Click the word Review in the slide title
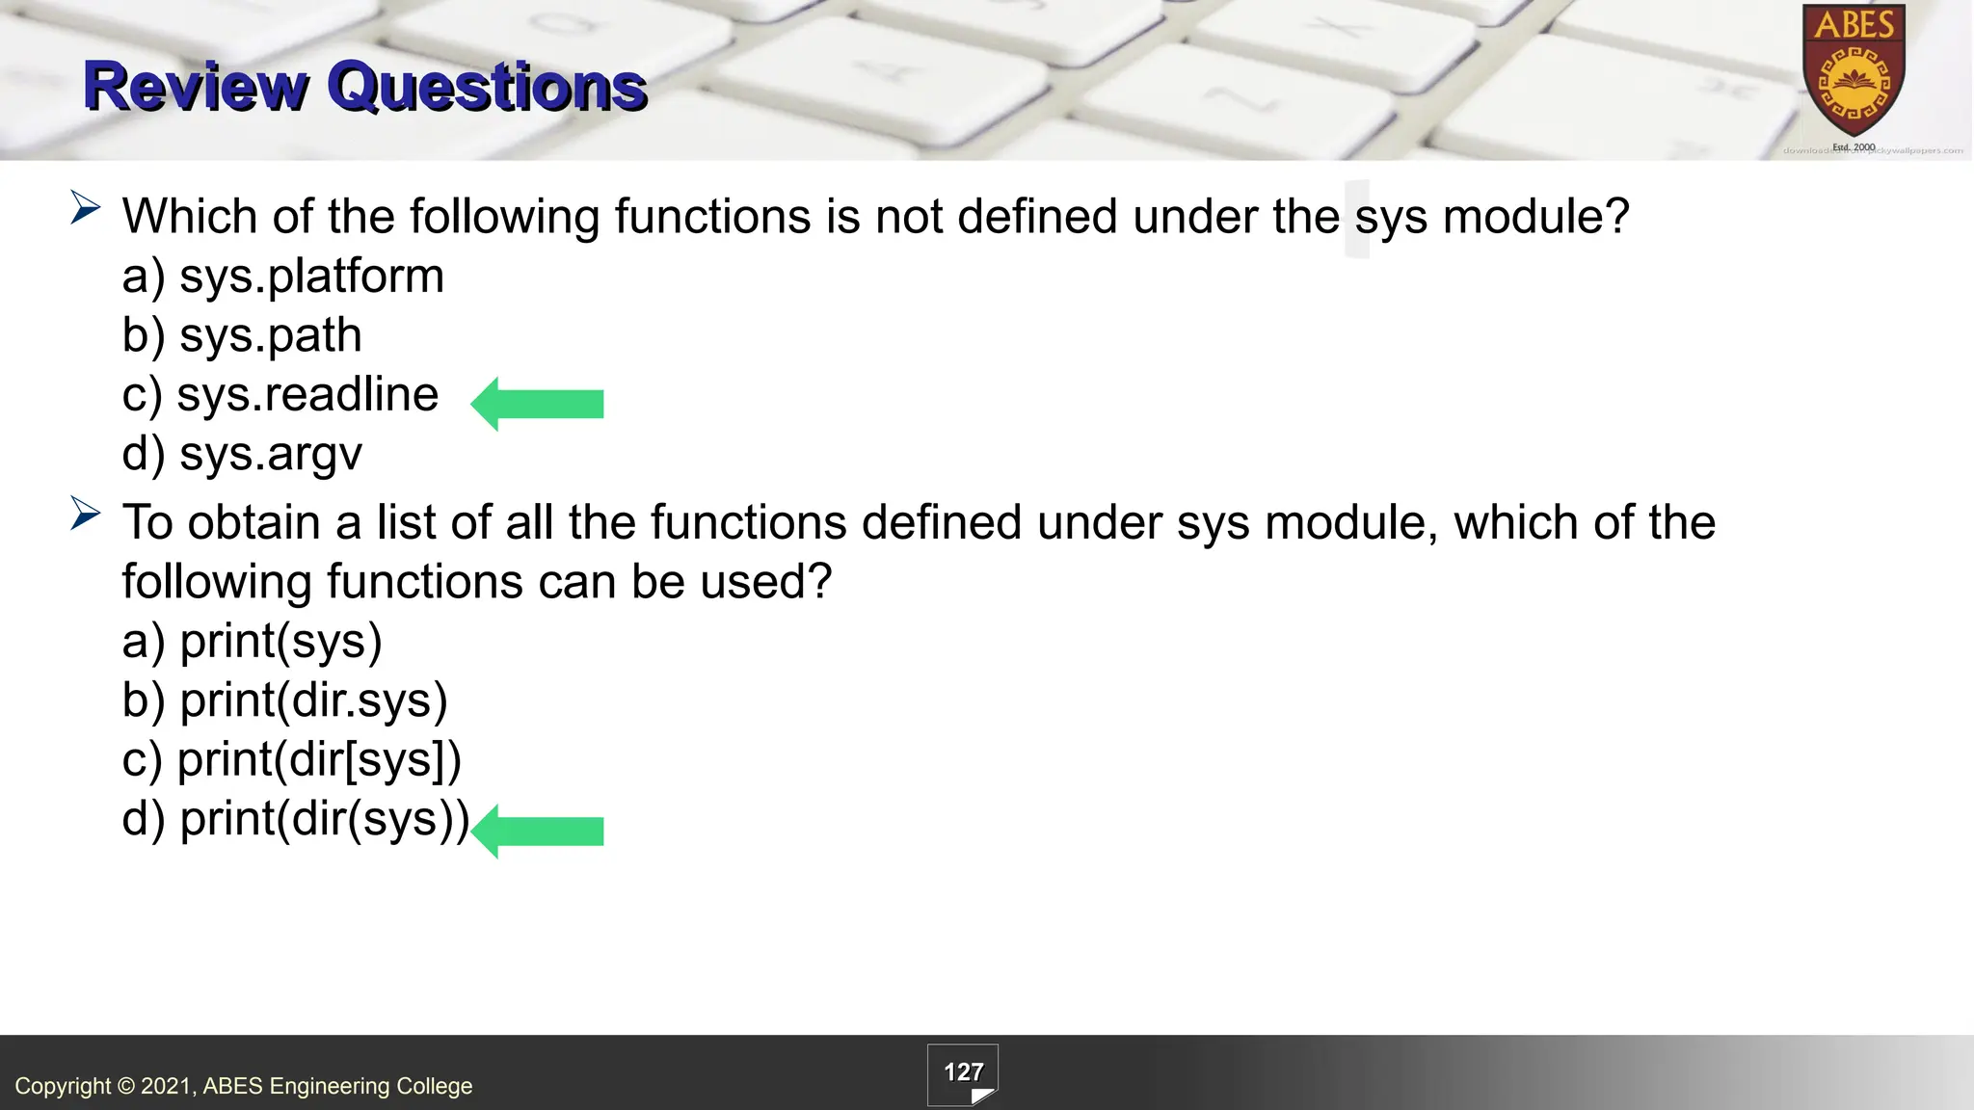(195, 87)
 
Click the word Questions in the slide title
(487, 87)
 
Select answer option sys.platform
(282, 277)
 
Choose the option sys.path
(242, 336)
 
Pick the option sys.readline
(280, 395)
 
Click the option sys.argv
(242, 454)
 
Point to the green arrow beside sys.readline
(537, 404)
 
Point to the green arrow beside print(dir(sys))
(537, 831)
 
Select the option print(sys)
(253, 642)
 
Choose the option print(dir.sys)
(285, 700)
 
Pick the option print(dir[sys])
(292, 760)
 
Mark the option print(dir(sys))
(295, 819)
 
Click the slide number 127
(963, 1072)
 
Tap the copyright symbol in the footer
(126, 1087)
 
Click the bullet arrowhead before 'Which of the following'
(85, 208)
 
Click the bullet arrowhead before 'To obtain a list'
(85, 515)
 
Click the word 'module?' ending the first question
(1535, 217)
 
